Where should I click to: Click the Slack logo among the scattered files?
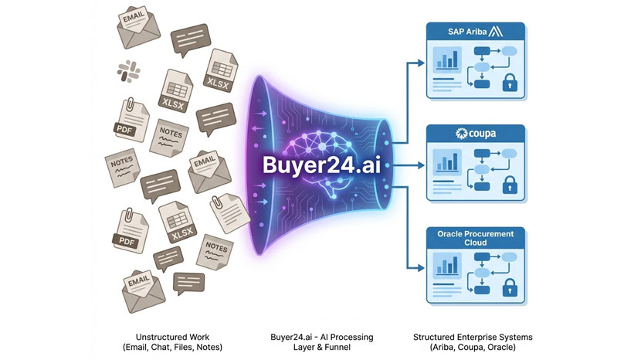click(x=128, y=72)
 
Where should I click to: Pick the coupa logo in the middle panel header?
click(x=476, y=133)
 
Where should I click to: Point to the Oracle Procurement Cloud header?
click(x=475, y=237)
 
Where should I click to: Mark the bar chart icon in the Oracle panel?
click(x=447, y=265)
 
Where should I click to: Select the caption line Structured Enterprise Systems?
click(x=473, y=338)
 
